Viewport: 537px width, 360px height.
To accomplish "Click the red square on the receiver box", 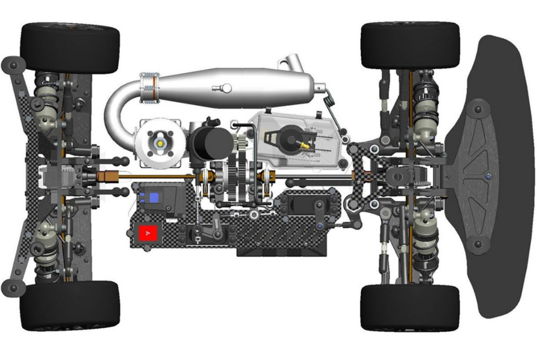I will [149, 233].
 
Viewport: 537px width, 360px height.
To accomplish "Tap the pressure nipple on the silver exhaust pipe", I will [223, 88].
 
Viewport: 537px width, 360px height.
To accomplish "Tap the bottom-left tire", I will [70, 305].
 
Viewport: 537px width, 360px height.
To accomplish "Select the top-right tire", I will [410, 46].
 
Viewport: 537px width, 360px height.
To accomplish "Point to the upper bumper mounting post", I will [477, 109].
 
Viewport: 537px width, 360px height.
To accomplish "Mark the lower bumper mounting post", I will [477, 244].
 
